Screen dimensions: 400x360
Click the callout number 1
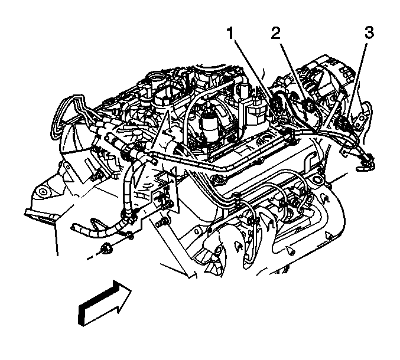point(230,34)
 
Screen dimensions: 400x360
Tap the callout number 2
point(275,33)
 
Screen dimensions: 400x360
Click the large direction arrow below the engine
point(105,303)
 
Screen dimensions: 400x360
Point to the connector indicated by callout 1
point(275,104)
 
